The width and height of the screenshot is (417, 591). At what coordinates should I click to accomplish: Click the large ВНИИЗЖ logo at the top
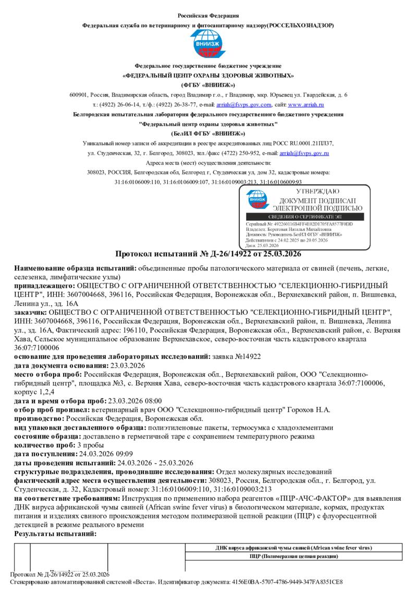207,44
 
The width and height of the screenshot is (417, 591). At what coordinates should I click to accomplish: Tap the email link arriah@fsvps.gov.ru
304,153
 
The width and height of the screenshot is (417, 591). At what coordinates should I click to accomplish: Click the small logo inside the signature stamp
257,198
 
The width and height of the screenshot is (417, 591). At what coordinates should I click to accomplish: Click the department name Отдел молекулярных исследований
274,471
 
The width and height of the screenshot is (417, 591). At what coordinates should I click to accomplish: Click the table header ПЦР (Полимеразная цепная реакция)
294,557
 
